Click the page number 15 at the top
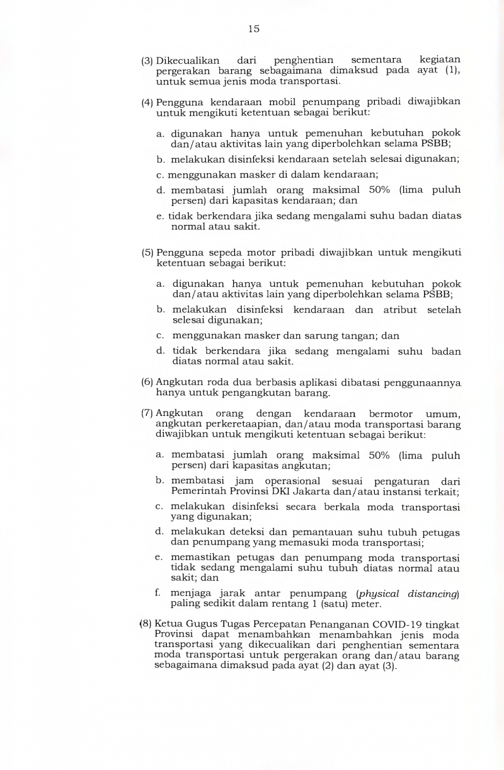pyautogui.click(x=253, y=29)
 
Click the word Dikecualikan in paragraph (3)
pyautogui.click(x=188, y=60)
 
